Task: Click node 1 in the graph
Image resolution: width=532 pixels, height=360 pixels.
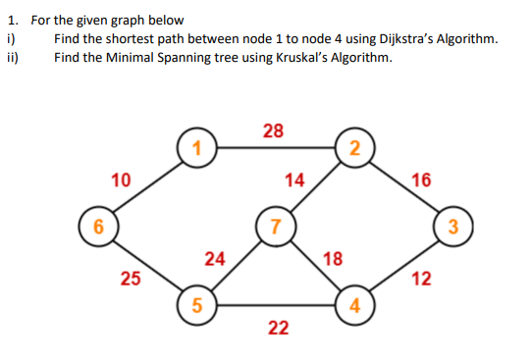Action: point(197,148)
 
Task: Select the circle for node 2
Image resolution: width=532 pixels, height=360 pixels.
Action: point(354,148)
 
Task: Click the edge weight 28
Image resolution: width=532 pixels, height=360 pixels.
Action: point(276,130)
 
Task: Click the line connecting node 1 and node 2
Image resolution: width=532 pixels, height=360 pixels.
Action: point(276,148)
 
